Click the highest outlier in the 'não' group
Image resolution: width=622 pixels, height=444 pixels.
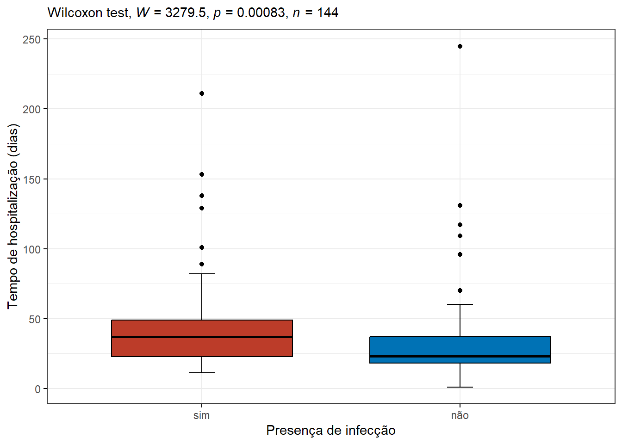coord(460,46)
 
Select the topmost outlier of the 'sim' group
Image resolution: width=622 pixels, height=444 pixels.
coord(202,93)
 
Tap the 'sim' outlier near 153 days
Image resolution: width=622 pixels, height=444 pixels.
coord(202,174)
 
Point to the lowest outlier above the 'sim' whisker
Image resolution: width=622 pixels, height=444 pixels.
coord(202,264)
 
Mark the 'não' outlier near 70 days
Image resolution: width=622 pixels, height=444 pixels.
coord(460,290)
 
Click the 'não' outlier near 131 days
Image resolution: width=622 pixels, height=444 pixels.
coord(460,205)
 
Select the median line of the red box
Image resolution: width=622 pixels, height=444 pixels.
coord(202,337)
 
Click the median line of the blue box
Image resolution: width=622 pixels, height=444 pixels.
coord(460,356)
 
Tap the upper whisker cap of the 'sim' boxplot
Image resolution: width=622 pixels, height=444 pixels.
coord(202,274)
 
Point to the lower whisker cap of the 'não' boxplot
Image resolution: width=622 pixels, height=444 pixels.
coord(460,387)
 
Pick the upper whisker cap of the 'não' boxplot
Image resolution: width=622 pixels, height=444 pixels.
coord(460,304)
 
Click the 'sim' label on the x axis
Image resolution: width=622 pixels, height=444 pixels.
coord(202,415)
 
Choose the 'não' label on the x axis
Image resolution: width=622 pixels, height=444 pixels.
coord(460,415)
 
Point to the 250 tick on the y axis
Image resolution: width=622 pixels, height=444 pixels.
coord(31,39)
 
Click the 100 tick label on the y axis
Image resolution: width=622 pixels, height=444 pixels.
coord(31,249)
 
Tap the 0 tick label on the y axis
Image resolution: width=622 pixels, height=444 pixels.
coord(37,389)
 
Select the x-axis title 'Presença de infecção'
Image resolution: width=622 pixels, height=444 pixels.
coord(330,431)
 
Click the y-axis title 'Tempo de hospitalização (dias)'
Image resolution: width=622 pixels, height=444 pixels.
coord(13,216)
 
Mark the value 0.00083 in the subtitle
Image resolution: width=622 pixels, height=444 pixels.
coord(261,12)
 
